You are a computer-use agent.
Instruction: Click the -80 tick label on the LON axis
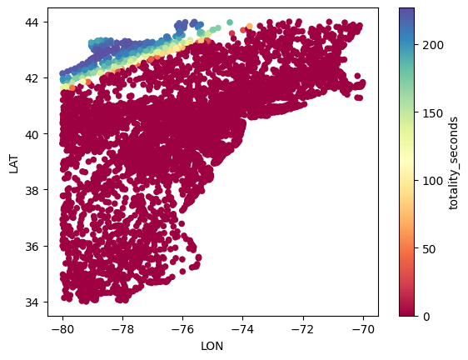(62, 329)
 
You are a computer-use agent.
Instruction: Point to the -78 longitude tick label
(122, 329)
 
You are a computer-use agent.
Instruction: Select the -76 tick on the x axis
(182, 329)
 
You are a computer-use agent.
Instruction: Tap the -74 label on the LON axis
(242, 329)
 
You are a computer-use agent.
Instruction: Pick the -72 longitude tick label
(303, 329)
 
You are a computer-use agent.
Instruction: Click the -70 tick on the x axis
(363, 329)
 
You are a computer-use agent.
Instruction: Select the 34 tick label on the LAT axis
(32, 302)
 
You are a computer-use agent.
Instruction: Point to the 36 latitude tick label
(32, 246)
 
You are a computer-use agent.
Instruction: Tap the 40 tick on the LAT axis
(32, 134)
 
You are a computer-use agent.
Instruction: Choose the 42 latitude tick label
(32, 78)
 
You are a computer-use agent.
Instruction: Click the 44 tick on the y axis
(32, 22)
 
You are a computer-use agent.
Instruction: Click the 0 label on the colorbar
(426, 317)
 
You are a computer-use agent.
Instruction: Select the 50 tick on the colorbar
(429, 248)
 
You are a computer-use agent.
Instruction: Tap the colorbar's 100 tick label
(433, 181)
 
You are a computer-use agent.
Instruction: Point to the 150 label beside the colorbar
(433, 113)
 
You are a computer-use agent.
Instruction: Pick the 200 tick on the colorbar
(433, 45)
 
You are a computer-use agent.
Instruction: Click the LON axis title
(212, 347)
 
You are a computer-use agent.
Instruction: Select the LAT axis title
(13, 164)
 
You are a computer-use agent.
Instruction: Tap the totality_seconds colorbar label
(453, 163)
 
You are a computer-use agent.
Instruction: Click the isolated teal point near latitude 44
(230, 22)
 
